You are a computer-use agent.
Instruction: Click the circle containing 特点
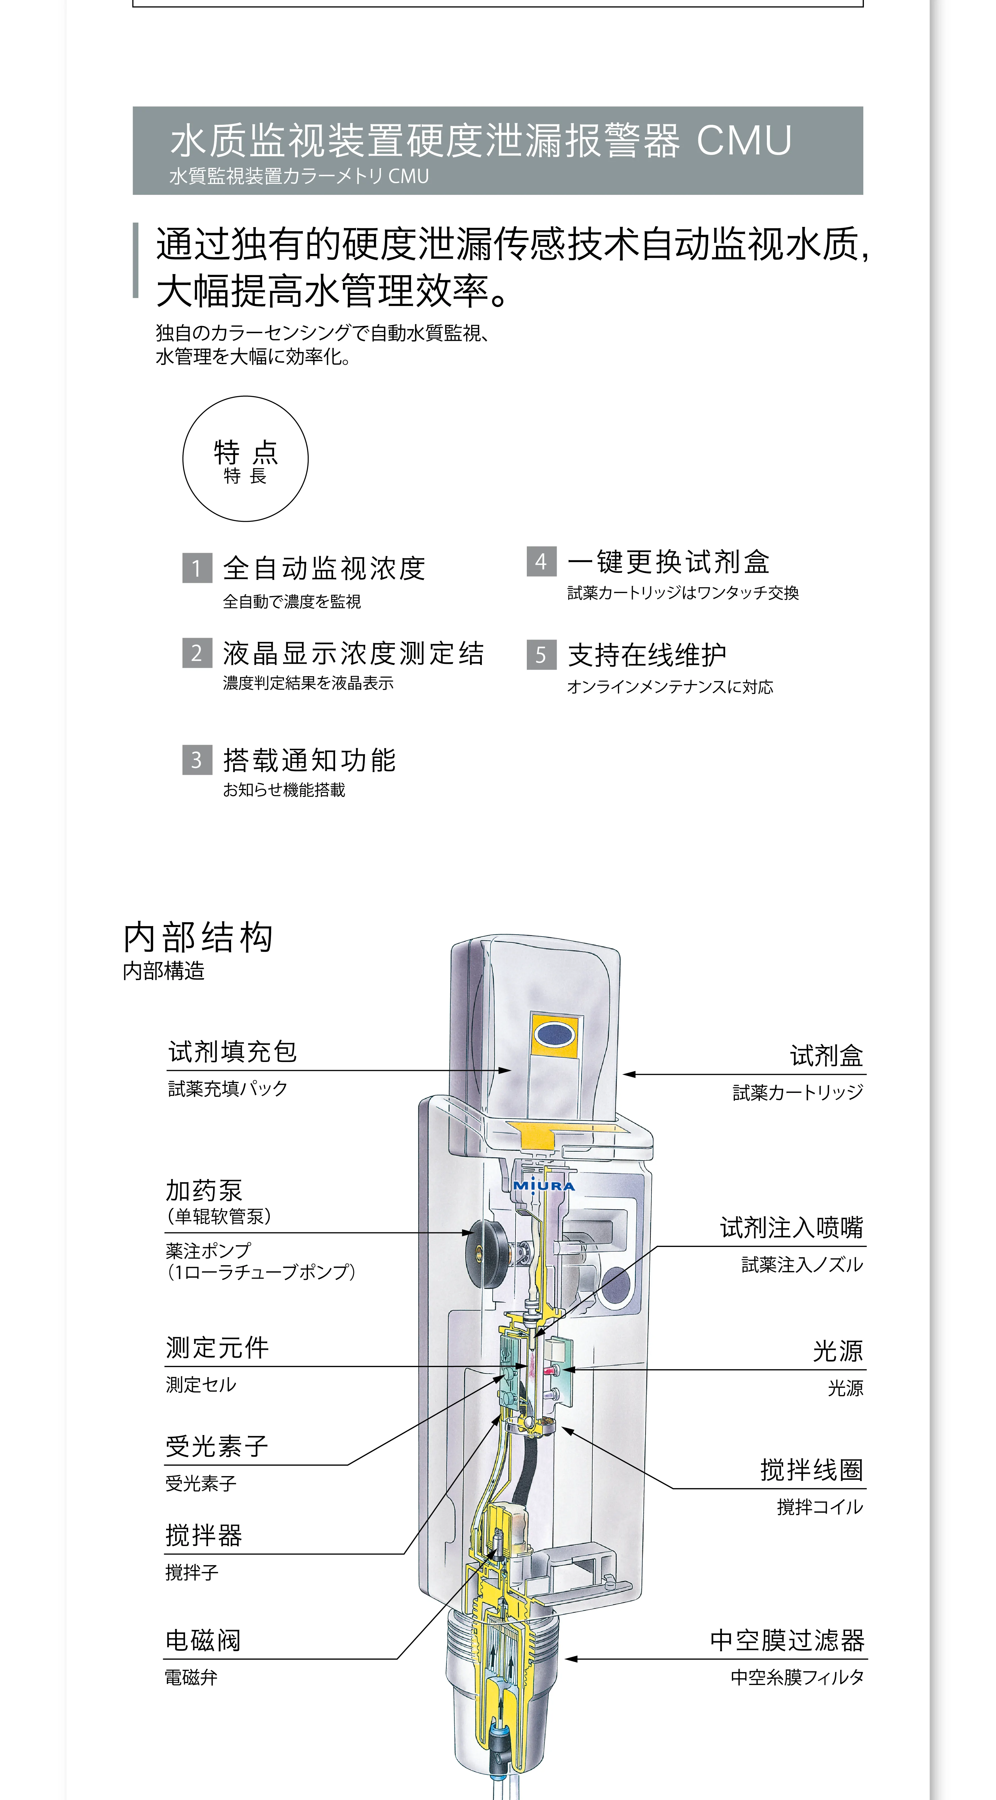pos(245,458)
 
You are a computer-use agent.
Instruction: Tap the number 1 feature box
pos(197,567)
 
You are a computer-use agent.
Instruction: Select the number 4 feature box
pos(541,561)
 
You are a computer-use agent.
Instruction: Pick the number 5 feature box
pos(541,655)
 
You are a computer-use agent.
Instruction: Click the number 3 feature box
pos(197,759)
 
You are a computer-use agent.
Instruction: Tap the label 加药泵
pos(204,1190)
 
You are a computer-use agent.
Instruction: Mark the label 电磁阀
pos(203,1640)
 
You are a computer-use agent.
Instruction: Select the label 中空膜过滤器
pos(787,1640)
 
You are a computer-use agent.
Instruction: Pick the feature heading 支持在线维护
pos(647,655)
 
